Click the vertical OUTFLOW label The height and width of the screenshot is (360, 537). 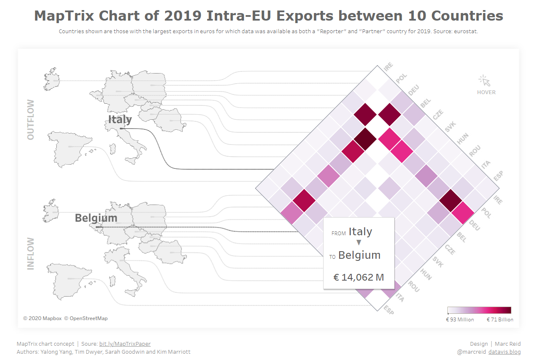31,120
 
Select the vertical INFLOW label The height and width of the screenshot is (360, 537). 31,253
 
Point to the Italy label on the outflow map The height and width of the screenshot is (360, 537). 120,120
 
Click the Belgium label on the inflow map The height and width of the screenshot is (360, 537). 96,218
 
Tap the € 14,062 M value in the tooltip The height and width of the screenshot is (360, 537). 358,277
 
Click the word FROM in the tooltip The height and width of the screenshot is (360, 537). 338,234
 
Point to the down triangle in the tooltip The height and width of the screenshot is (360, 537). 358,242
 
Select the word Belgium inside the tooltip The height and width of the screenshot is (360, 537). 359,255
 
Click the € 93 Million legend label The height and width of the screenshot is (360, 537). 460,320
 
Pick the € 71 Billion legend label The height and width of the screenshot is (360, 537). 500,320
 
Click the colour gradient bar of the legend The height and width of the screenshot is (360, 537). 479,310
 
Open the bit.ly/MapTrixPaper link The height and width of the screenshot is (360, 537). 125,344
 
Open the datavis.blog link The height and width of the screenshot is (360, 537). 504,352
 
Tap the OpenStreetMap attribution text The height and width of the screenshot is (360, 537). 88,318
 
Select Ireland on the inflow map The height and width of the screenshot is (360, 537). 50,210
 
